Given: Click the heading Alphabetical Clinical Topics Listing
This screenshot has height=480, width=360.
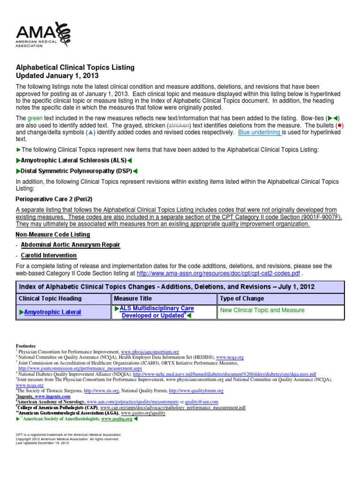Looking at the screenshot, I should [75, 67].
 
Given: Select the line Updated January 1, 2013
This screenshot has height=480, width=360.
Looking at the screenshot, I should [58, 75].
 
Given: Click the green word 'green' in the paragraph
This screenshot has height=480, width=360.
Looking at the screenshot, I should [35, 118].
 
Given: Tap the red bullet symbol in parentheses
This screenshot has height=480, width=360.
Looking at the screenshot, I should [339, 126].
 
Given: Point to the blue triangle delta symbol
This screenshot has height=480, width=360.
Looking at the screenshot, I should [91, 133].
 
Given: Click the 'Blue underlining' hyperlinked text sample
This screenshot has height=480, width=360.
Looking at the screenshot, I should [259, 133].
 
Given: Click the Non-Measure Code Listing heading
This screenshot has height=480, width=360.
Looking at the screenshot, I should [53, 234].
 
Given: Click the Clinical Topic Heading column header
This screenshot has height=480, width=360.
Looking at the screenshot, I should [50, 299].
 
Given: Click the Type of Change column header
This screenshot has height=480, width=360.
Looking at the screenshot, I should [241, 299].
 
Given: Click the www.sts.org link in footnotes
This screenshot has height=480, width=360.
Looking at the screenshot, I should [107, 390].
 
